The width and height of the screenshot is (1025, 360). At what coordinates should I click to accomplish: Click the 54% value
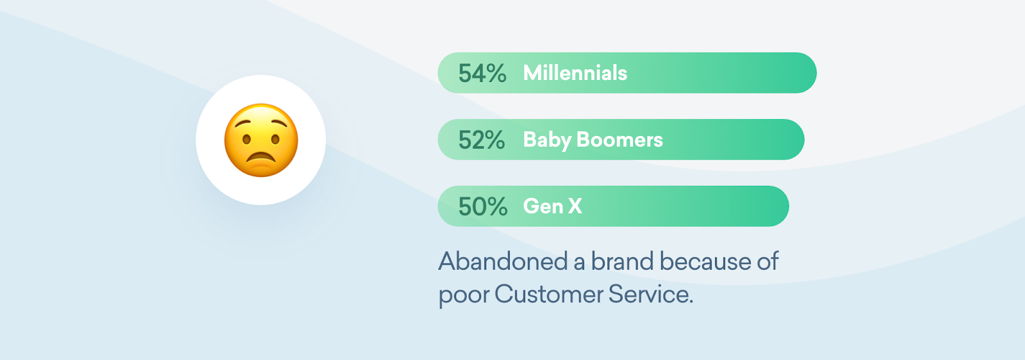pos(482,73)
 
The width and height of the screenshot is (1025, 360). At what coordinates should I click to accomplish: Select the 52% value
pos(481,140)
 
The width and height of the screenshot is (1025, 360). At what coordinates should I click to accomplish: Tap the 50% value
pos(483,207)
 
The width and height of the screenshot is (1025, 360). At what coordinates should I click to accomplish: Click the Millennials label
pos(575,73)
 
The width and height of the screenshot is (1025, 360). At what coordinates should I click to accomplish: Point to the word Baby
pos(547,140)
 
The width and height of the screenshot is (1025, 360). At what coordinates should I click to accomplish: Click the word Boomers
pos(619,140)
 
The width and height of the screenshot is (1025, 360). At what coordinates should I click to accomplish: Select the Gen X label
pos(553,206)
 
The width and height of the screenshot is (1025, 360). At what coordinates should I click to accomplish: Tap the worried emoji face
pos(261,140)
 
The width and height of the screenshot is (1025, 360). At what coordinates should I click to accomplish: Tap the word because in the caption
pos(705,261)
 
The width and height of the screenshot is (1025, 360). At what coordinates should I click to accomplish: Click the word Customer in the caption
pos(548,294)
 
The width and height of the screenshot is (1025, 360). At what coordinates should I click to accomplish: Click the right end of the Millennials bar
pos(816,73)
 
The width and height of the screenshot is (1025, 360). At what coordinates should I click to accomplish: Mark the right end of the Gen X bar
pos(789,206)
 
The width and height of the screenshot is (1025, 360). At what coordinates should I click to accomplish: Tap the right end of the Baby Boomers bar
pos(804,140)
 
